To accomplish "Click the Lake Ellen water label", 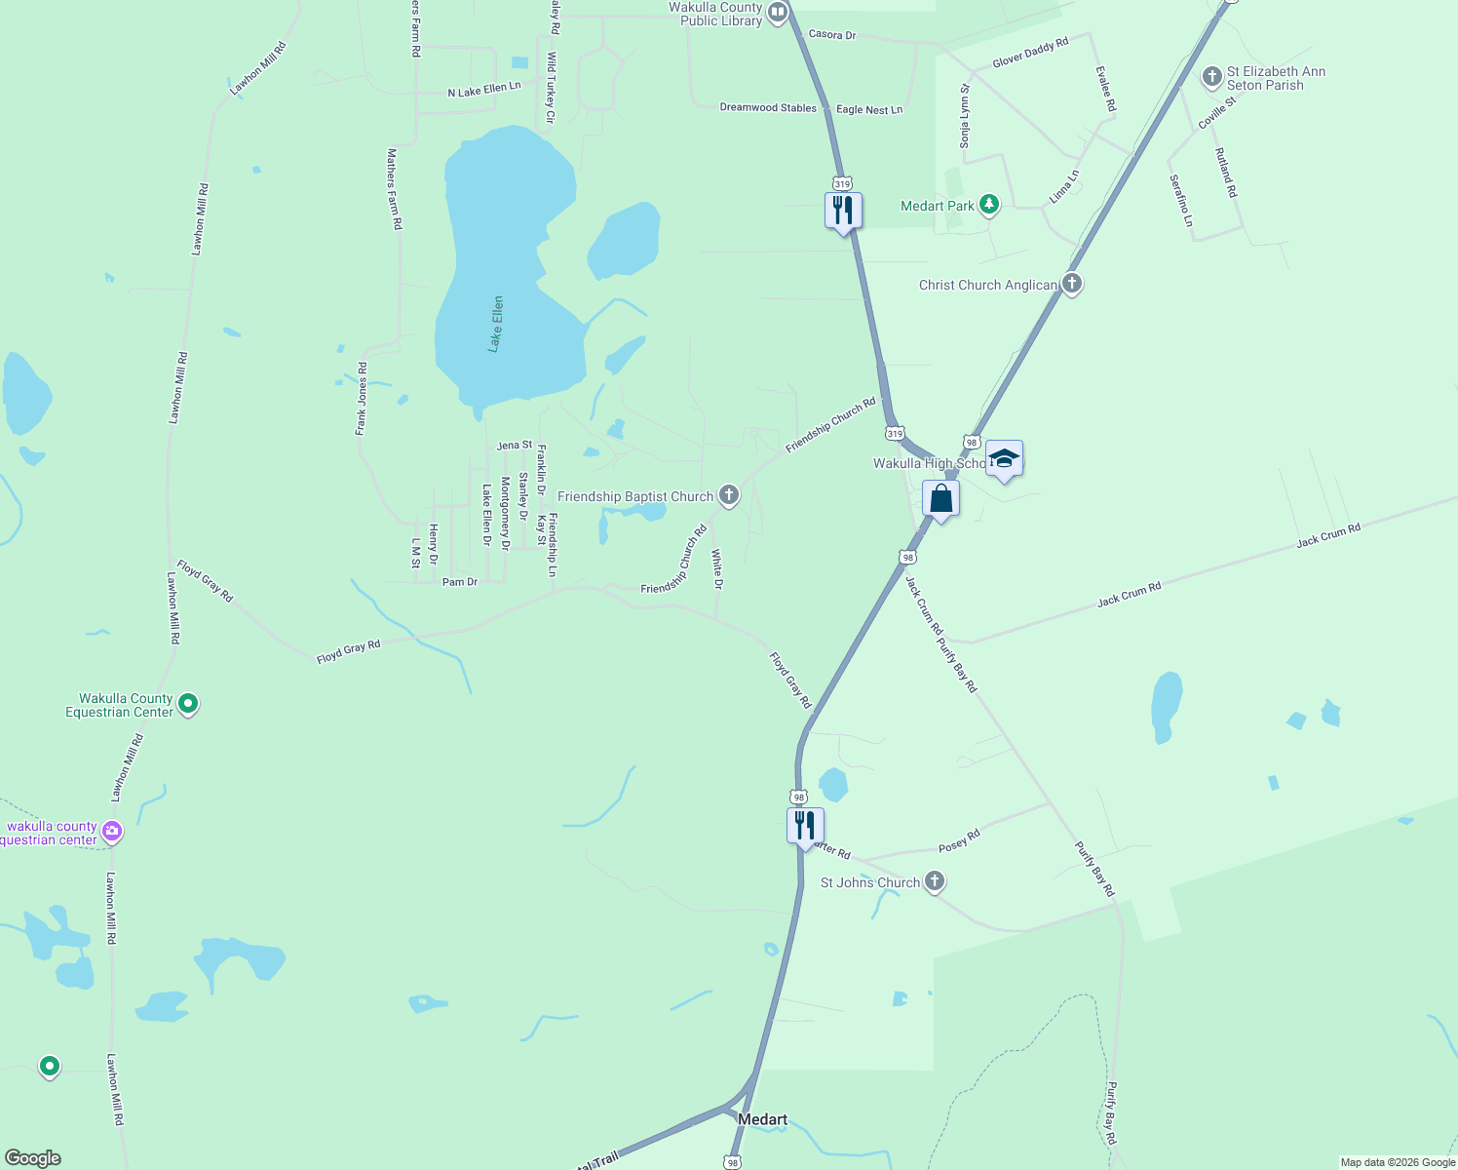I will (497, 324).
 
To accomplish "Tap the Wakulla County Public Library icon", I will (778, 13).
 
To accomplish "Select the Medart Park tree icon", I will (989, 205).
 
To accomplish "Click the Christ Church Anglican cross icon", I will (1072, 284).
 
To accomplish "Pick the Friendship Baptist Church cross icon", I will (728, 495).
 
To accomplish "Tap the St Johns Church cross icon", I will (934, 881).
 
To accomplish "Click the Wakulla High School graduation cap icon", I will (1004, 458).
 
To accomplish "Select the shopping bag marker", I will (940, 499).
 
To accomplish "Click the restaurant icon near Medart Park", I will (843, 211).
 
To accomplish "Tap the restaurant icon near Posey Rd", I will (805, 826).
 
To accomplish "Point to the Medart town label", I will (762, 1119).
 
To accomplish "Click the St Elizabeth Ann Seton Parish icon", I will (1211, 77).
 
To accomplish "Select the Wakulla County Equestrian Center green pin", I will (189, 703).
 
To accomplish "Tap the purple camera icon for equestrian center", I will (112, 832).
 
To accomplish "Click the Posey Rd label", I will (959, 840).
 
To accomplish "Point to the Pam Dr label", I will (460, 582).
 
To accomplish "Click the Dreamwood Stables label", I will (768, 108).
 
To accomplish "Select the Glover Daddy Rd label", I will (1030, 53).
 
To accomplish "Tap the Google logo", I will (33, 1158).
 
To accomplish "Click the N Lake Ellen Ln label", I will (484, 90).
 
